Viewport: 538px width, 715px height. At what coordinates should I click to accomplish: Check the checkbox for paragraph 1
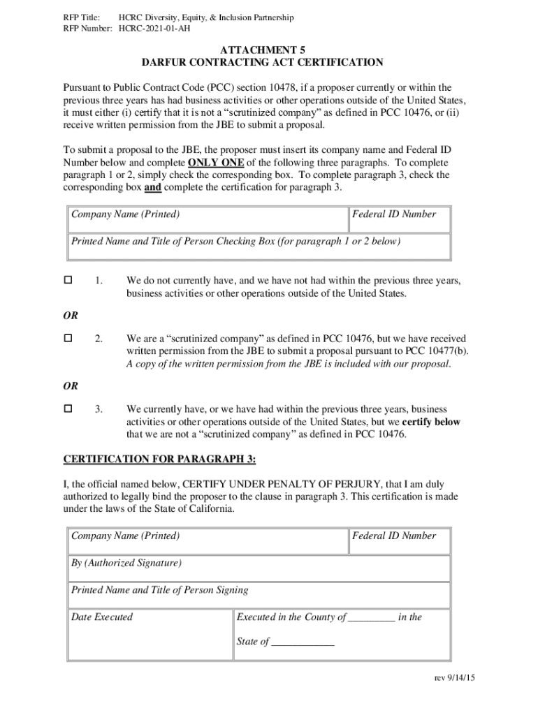pyautogui.click(x=68, y=280)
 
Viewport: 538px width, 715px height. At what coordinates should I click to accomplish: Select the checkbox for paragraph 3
pyautogui.click(x=68, y=408)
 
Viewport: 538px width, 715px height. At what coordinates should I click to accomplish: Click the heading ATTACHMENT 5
pyautogui.click(x=262, y=50)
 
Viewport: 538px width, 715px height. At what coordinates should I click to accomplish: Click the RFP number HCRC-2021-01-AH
pyautogui.click(x=154, y=29)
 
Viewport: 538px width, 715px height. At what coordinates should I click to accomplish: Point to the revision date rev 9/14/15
pyautogui.click(x=454, y=678)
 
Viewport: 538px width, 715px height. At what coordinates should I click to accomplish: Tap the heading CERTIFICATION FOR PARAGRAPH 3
pyautogui.click(x=160, y=459)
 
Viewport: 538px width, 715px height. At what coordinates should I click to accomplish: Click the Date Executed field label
pyautogui.click(x=102, y=617)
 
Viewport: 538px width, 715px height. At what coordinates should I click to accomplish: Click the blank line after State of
pyautogui.click(x=303, y=642)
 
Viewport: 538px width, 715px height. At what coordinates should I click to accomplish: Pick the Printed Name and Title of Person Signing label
pyautogui.click(x=159, y=590)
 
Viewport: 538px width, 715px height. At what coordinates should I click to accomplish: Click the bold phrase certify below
pyautogui.click(x=431, y=422)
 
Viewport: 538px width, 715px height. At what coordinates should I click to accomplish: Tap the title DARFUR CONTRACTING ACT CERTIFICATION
pyautogui.click(x=262, y=63)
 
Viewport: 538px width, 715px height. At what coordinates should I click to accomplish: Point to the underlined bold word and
pyautogui.click(x=153, y=188)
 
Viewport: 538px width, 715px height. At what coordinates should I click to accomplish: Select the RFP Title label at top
pyautogui.click(x=81, y=17)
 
